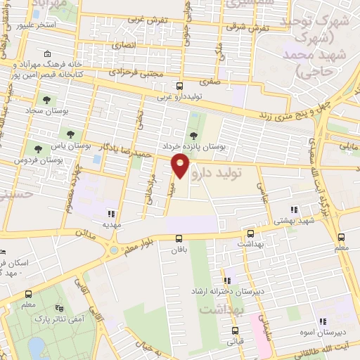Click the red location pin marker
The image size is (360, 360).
tap(181, 165)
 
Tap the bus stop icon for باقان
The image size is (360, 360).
tap(179, 238)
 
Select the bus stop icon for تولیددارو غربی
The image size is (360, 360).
tap(179, 86)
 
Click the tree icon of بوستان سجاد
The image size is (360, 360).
tap(46, 100)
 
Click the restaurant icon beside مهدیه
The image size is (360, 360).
tap(110, 213)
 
